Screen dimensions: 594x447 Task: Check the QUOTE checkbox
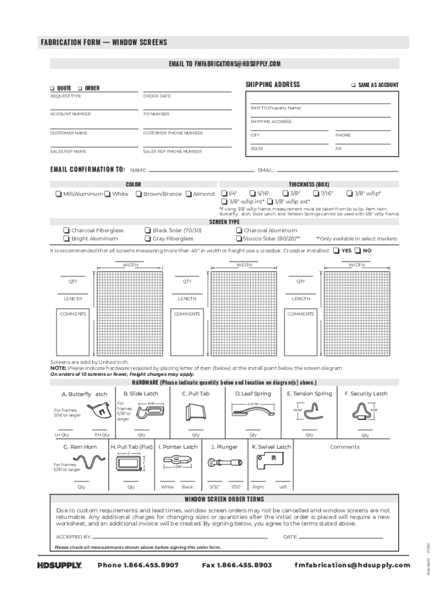(52, 88)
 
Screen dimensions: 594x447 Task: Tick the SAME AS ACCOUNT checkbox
(353, 85)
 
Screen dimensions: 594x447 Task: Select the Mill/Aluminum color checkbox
(59, 194)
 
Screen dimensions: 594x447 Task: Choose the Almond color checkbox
(189, 194)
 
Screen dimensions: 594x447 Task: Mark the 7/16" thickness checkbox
(316, 193)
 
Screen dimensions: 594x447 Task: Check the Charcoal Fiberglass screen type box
(66, 230)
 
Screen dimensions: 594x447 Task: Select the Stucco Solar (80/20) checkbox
(239, 238)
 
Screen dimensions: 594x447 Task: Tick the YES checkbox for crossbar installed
(336, 251)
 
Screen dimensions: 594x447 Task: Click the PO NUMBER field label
(156, 114)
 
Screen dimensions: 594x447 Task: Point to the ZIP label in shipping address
(338, 149)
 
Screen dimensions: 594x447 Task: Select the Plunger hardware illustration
(226, 464)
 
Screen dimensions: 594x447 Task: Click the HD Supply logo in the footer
(59, 565)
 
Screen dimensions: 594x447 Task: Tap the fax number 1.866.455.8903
(237, 565)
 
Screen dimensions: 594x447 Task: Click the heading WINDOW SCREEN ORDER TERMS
(224, 499)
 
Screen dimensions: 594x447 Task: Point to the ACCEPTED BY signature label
(73, 537)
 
